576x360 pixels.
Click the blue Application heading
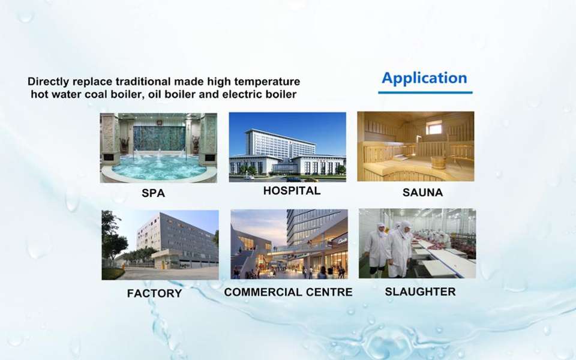(x=424, y=79)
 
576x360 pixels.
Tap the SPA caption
(x=153, y=193)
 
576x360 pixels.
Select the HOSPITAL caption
(x=292, y=191)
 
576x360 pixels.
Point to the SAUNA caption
(x=422, y=192)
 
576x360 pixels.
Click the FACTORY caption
(x=154, y=293)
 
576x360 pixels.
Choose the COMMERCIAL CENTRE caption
(x=288, y=292)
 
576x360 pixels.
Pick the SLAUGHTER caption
(x=420, y=292)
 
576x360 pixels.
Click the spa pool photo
(x=158, y=148)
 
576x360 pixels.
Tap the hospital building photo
(x=287, y=147)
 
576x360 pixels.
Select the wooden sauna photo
(x=415, y=146)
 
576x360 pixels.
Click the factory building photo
(x=160, y=245)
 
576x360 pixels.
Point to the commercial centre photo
(x=289, y=244)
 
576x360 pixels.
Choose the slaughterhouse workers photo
(x=418, y=243)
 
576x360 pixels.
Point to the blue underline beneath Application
(x=425, y=92)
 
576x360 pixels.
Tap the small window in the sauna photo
(x=435, y=128)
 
